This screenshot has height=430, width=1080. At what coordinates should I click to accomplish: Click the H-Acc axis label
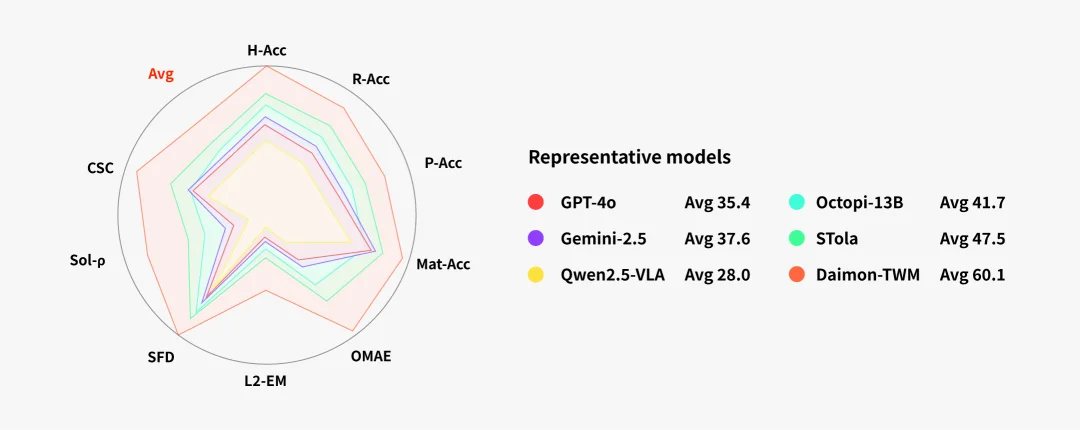coord(266,50)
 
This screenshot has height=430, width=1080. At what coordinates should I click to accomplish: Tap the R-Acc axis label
coord(371,79)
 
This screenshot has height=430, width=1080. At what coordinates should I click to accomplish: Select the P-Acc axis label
coord(443,163)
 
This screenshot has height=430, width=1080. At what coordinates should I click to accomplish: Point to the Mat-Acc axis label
coord(444,264)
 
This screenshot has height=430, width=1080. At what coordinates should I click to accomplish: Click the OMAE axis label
coord(371,356)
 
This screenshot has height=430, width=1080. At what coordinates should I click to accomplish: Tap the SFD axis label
coord(161,358)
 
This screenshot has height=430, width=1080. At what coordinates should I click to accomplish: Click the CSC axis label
coord(100,168)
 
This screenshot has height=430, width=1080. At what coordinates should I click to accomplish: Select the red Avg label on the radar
coord(161,74)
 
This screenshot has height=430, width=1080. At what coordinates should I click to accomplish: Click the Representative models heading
coord(630,157)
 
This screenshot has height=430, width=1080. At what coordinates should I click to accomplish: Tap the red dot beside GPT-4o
coord(535,203)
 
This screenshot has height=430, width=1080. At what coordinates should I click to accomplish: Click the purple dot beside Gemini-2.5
coord(535,238)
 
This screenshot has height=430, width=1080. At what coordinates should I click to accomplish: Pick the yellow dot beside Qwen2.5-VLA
coord(535,275)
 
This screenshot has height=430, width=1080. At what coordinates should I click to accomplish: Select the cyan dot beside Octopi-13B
coord(797,203)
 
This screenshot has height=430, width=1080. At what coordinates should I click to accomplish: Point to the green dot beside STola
coord(797,238)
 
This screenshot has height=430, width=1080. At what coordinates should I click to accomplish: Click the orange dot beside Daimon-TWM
coord(797,275)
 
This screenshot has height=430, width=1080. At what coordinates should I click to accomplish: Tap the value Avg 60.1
coord(973,275)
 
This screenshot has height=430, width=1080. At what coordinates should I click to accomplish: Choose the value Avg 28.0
coord(717,275)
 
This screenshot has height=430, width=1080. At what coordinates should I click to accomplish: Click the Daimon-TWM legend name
coord(868,275)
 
